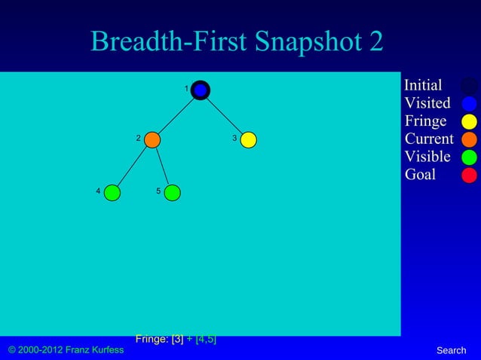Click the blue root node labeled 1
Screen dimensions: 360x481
(200, 90)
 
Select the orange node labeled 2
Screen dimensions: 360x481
(152, 139)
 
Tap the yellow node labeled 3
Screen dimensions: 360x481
(248, 139)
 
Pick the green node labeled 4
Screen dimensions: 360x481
(112, 193)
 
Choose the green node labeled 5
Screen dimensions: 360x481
(172, 193)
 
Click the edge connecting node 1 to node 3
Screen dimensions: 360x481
(225, 115)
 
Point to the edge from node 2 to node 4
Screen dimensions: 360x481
(133, 166)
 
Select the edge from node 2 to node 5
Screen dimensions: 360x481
(162, 166)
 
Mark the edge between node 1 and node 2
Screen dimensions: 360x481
(176, 115)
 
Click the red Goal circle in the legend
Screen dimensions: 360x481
(469, 175)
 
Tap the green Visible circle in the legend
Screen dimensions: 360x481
(469, 157)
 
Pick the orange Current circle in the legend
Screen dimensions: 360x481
(469, 139)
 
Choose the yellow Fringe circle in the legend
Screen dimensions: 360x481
(469, 122)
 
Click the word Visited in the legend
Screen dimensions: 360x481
(427, 103)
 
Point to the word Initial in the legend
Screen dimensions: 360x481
(423, 85)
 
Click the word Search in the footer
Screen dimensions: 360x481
(451, 350)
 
